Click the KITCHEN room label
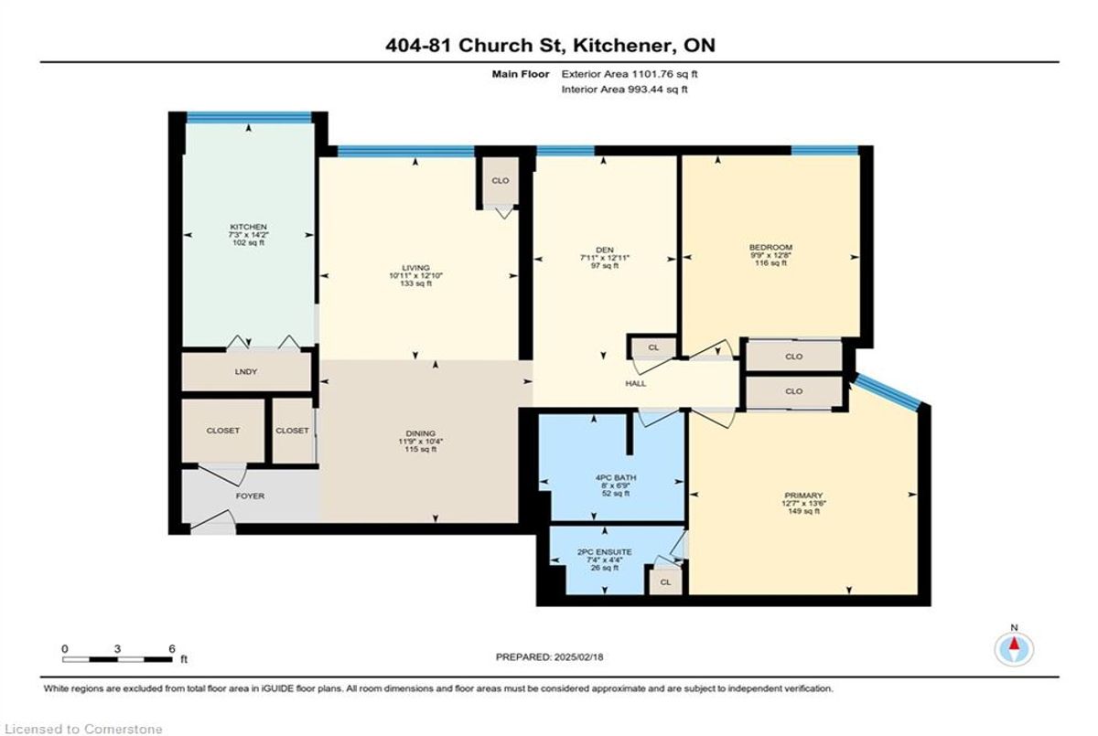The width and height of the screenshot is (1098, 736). click(x=249, y=227)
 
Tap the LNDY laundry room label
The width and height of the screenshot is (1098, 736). click(x=245, y=372)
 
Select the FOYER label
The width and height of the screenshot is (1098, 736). click(x=250, y=496)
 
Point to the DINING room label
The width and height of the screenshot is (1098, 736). click(x=421, y=433)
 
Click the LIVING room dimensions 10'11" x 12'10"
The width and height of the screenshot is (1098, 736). click(x=415, y=276)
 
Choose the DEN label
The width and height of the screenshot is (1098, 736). click(x=605, y=250)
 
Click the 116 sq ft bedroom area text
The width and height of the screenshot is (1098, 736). click(x=770, y=263)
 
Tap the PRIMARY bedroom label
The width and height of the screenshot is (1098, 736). click(x=803, y=496)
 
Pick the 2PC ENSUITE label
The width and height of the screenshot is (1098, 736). click(x=605, y=552)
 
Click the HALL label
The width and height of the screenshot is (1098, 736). click(x=635, y=384)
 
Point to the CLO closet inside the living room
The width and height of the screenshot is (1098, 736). click(x=500, y=181)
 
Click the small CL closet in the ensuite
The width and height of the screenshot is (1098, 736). click(x=665, y=582)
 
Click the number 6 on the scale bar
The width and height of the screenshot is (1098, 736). click(x=172, y=649)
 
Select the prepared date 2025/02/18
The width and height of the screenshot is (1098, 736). click(x=578, y=657)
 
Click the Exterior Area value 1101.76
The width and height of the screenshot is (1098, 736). click(x=647, y=74)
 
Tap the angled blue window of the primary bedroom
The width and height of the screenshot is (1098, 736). click(x=888, y=390)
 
